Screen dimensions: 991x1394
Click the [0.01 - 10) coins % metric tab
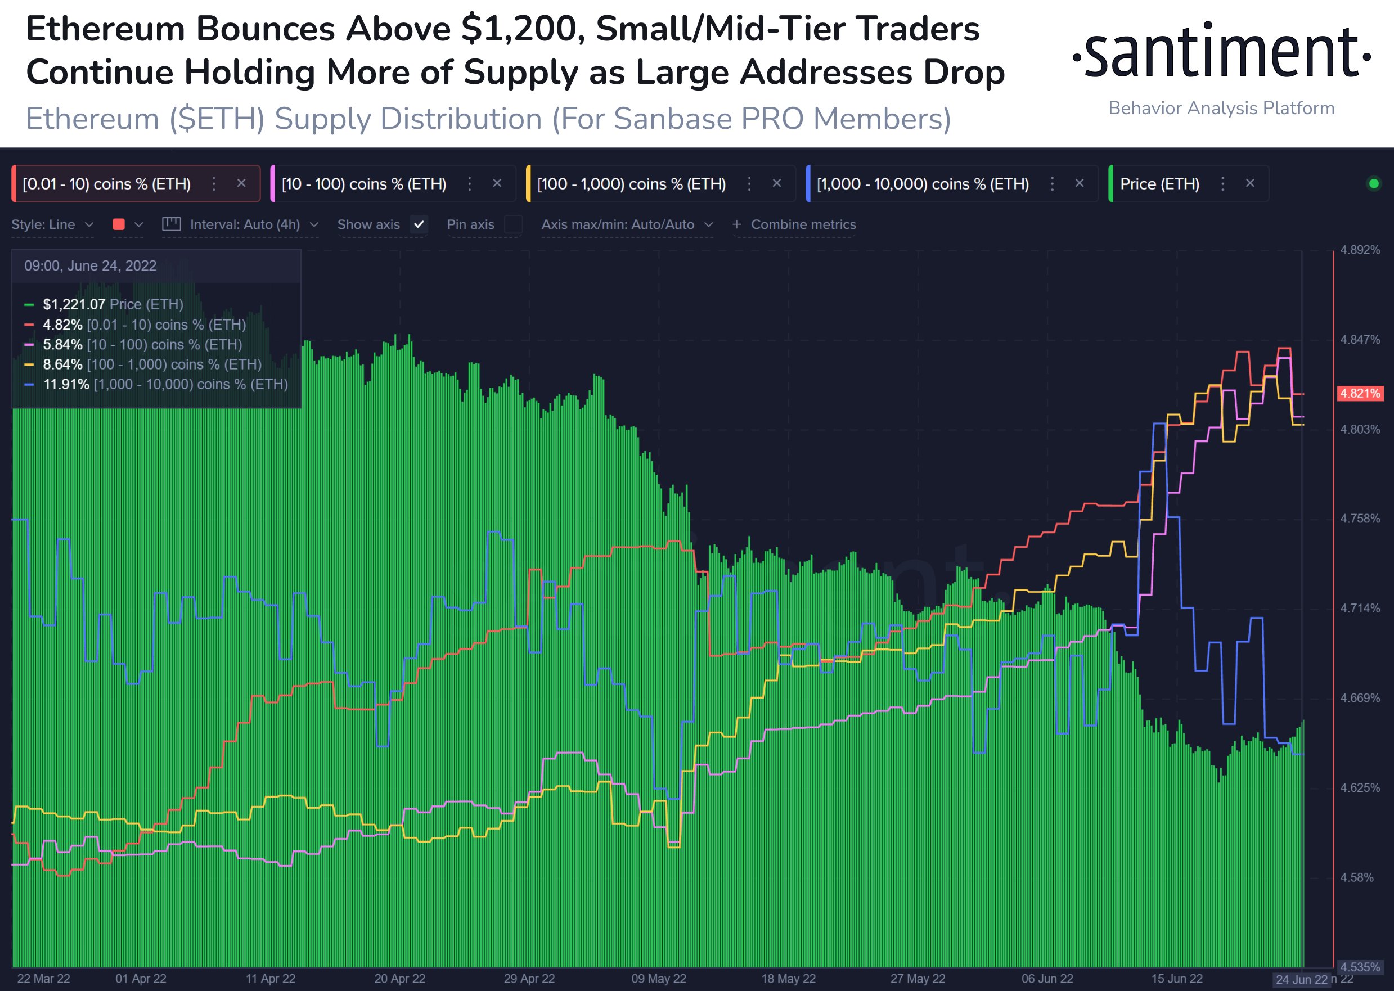pos(107,184)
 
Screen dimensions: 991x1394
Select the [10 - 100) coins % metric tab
pos(364,184)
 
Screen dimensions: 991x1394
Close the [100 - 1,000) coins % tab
pos(776,183)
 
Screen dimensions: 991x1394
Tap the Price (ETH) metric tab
pos(1159,184)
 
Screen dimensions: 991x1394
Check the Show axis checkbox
pos(419,224)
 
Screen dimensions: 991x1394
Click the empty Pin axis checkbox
pos(513,224)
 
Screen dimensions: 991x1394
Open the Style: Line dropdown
pos(52,224)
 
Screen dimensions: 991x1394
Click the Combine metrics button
pos(794,224)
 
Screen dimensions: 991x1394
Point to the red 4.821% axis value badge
pos(1360,393)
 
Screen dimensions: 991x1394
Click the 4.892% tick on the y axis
pos(1360,250)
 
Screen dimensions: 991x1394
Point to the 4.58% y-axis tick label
pos(1356,877)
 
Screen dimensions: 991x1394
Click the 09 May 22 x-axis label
pos(659,979)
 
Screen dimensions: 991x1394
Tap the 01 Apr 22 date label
pos(141,979)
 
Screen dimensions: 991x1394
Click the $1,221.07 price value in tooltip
pos(74,304)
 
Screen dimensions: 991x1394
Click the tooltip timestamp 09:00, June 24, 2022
pos(91,265)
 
